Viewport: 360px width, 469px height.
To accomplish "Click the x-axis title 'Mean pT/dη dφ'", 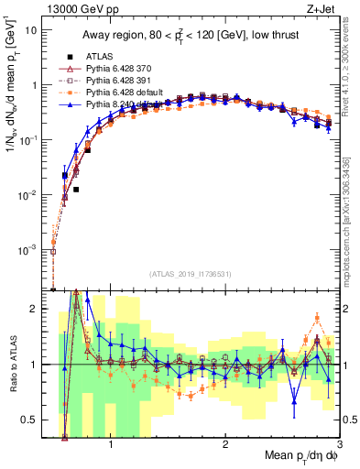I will coord(294,455).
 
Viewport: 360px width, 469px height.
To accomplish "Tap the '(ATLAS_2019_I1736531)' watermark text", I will coord(190,274).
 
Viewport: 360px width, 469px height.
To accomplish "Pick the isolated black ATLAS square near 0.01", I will coord(76,190).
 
